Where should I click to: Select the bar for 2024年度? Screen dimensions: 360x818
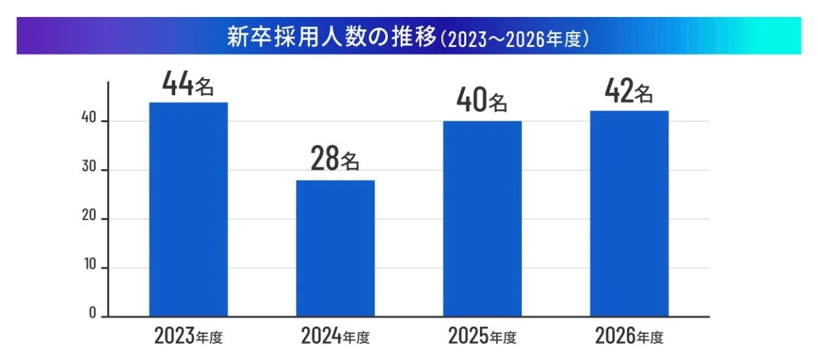pos(335,248)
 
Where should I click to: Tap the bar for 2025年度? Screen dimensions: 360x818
pos(482,219)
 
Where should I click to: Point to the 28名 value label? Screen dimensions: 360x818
pos(335,160)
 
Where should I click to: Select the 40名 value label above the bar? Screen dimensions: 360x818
pos(482,102)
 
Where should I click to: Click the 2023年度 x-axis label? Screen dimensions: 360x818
pos(189,336)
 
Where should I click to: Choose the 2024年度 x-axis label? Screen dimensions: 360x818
pos(335,336)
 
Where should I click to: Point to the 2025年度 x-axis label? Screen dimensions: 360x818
pos(482,336)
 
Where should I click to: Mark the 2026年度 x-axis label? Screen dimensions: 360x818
pos(629,336)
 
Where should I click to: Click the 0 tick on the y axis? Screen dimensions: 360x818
pos(92,315)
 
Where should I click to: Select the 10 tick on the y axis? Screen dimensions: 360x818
pos(89,267)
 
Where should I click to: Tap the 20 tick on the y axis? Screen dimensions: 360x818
pos(89,218)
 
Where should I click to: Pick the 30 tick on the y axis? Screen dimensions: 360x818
pos(89,170)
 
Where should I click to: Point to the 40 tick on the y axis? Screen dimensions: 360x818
pos(89,121)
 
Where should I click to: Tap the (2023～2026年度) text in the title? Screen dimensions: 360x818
pos(515,38)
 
